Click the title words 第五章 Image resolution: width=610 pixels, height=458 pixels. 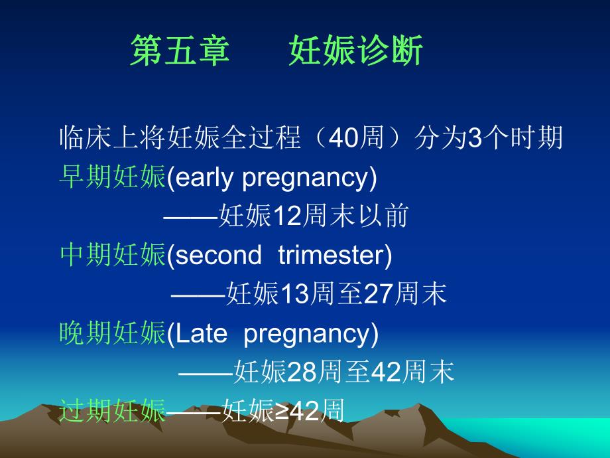180,51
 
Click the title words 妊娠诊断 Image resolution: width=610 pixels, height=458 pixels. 355,51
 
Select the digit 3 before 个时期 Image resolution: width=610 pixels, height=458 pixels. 474,139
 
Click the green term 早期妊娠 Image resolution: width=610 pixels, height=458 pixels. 112,177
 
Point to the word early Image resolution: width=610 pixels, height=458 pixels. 204,177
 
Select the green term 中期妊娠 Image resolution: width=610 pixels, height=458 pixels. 112,255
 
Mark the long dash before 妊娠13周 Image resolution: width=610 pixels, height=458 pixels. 198,294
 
